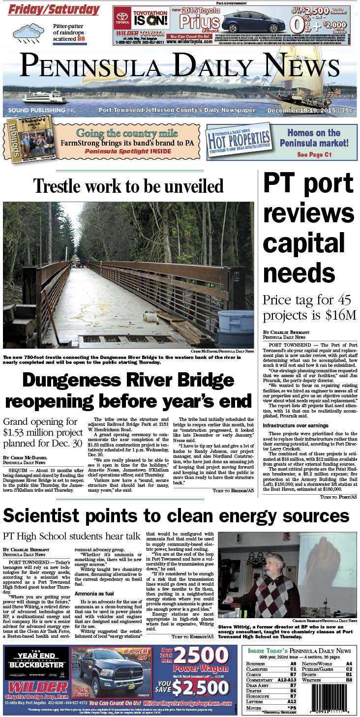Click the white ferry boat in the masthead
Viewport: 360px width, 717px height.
pos(45,97)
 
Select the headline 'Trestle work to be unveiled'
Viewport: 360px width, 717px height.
pos(128,186)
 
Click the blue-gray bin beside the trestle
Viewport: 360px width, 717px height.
pos(237,321)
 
